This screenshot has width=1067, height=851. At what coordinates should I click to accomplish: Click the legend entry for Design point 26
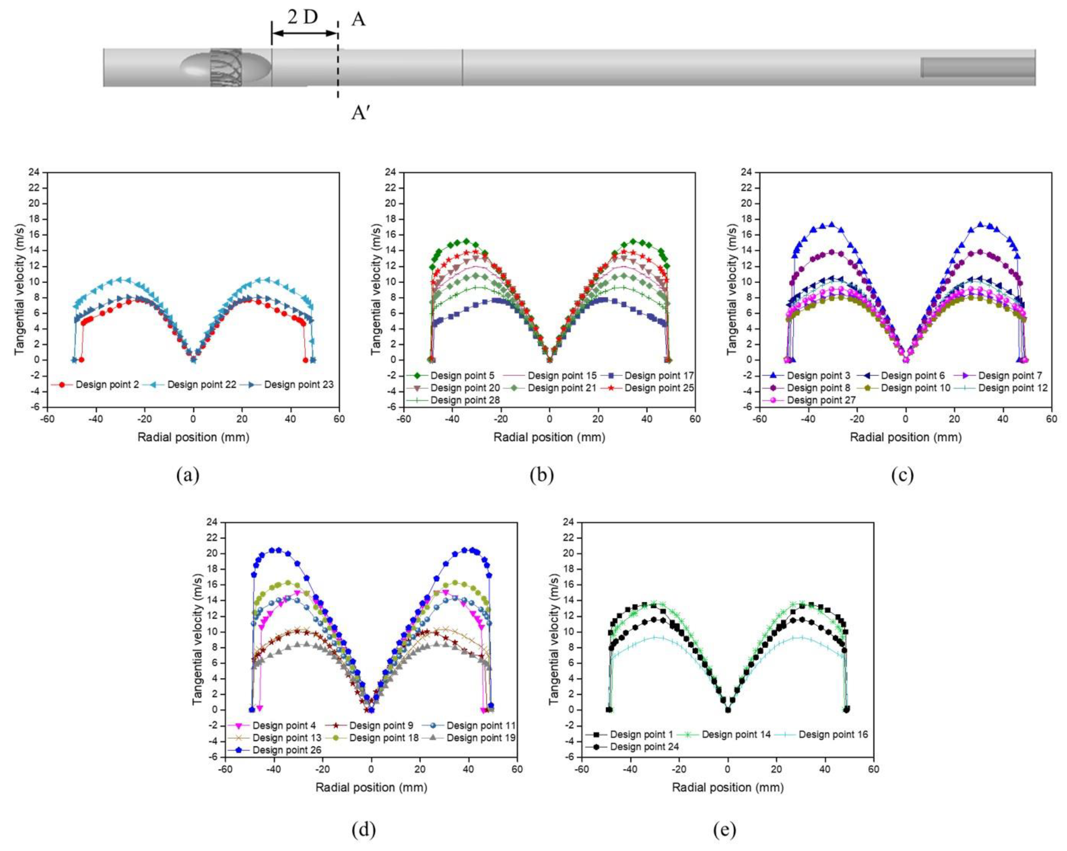coord(286,750)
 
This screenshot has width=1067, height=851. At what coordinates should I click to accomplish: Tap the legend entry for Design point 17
coord(658,376)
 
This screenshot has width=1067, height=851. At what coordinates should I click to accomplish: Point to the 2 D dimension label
coord(302,18)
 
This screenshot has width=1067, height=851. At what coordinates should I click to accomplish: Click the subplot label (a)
coord(188,475)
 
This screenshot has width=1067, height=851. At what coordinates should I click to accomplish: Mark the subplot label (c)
coord(902,475)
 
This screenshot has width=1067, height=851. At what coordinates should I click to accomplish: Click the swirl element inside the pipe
coord(226,67)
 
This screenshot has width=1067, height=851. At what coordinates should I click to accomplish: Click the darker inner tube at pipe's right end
coord(978,67)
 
